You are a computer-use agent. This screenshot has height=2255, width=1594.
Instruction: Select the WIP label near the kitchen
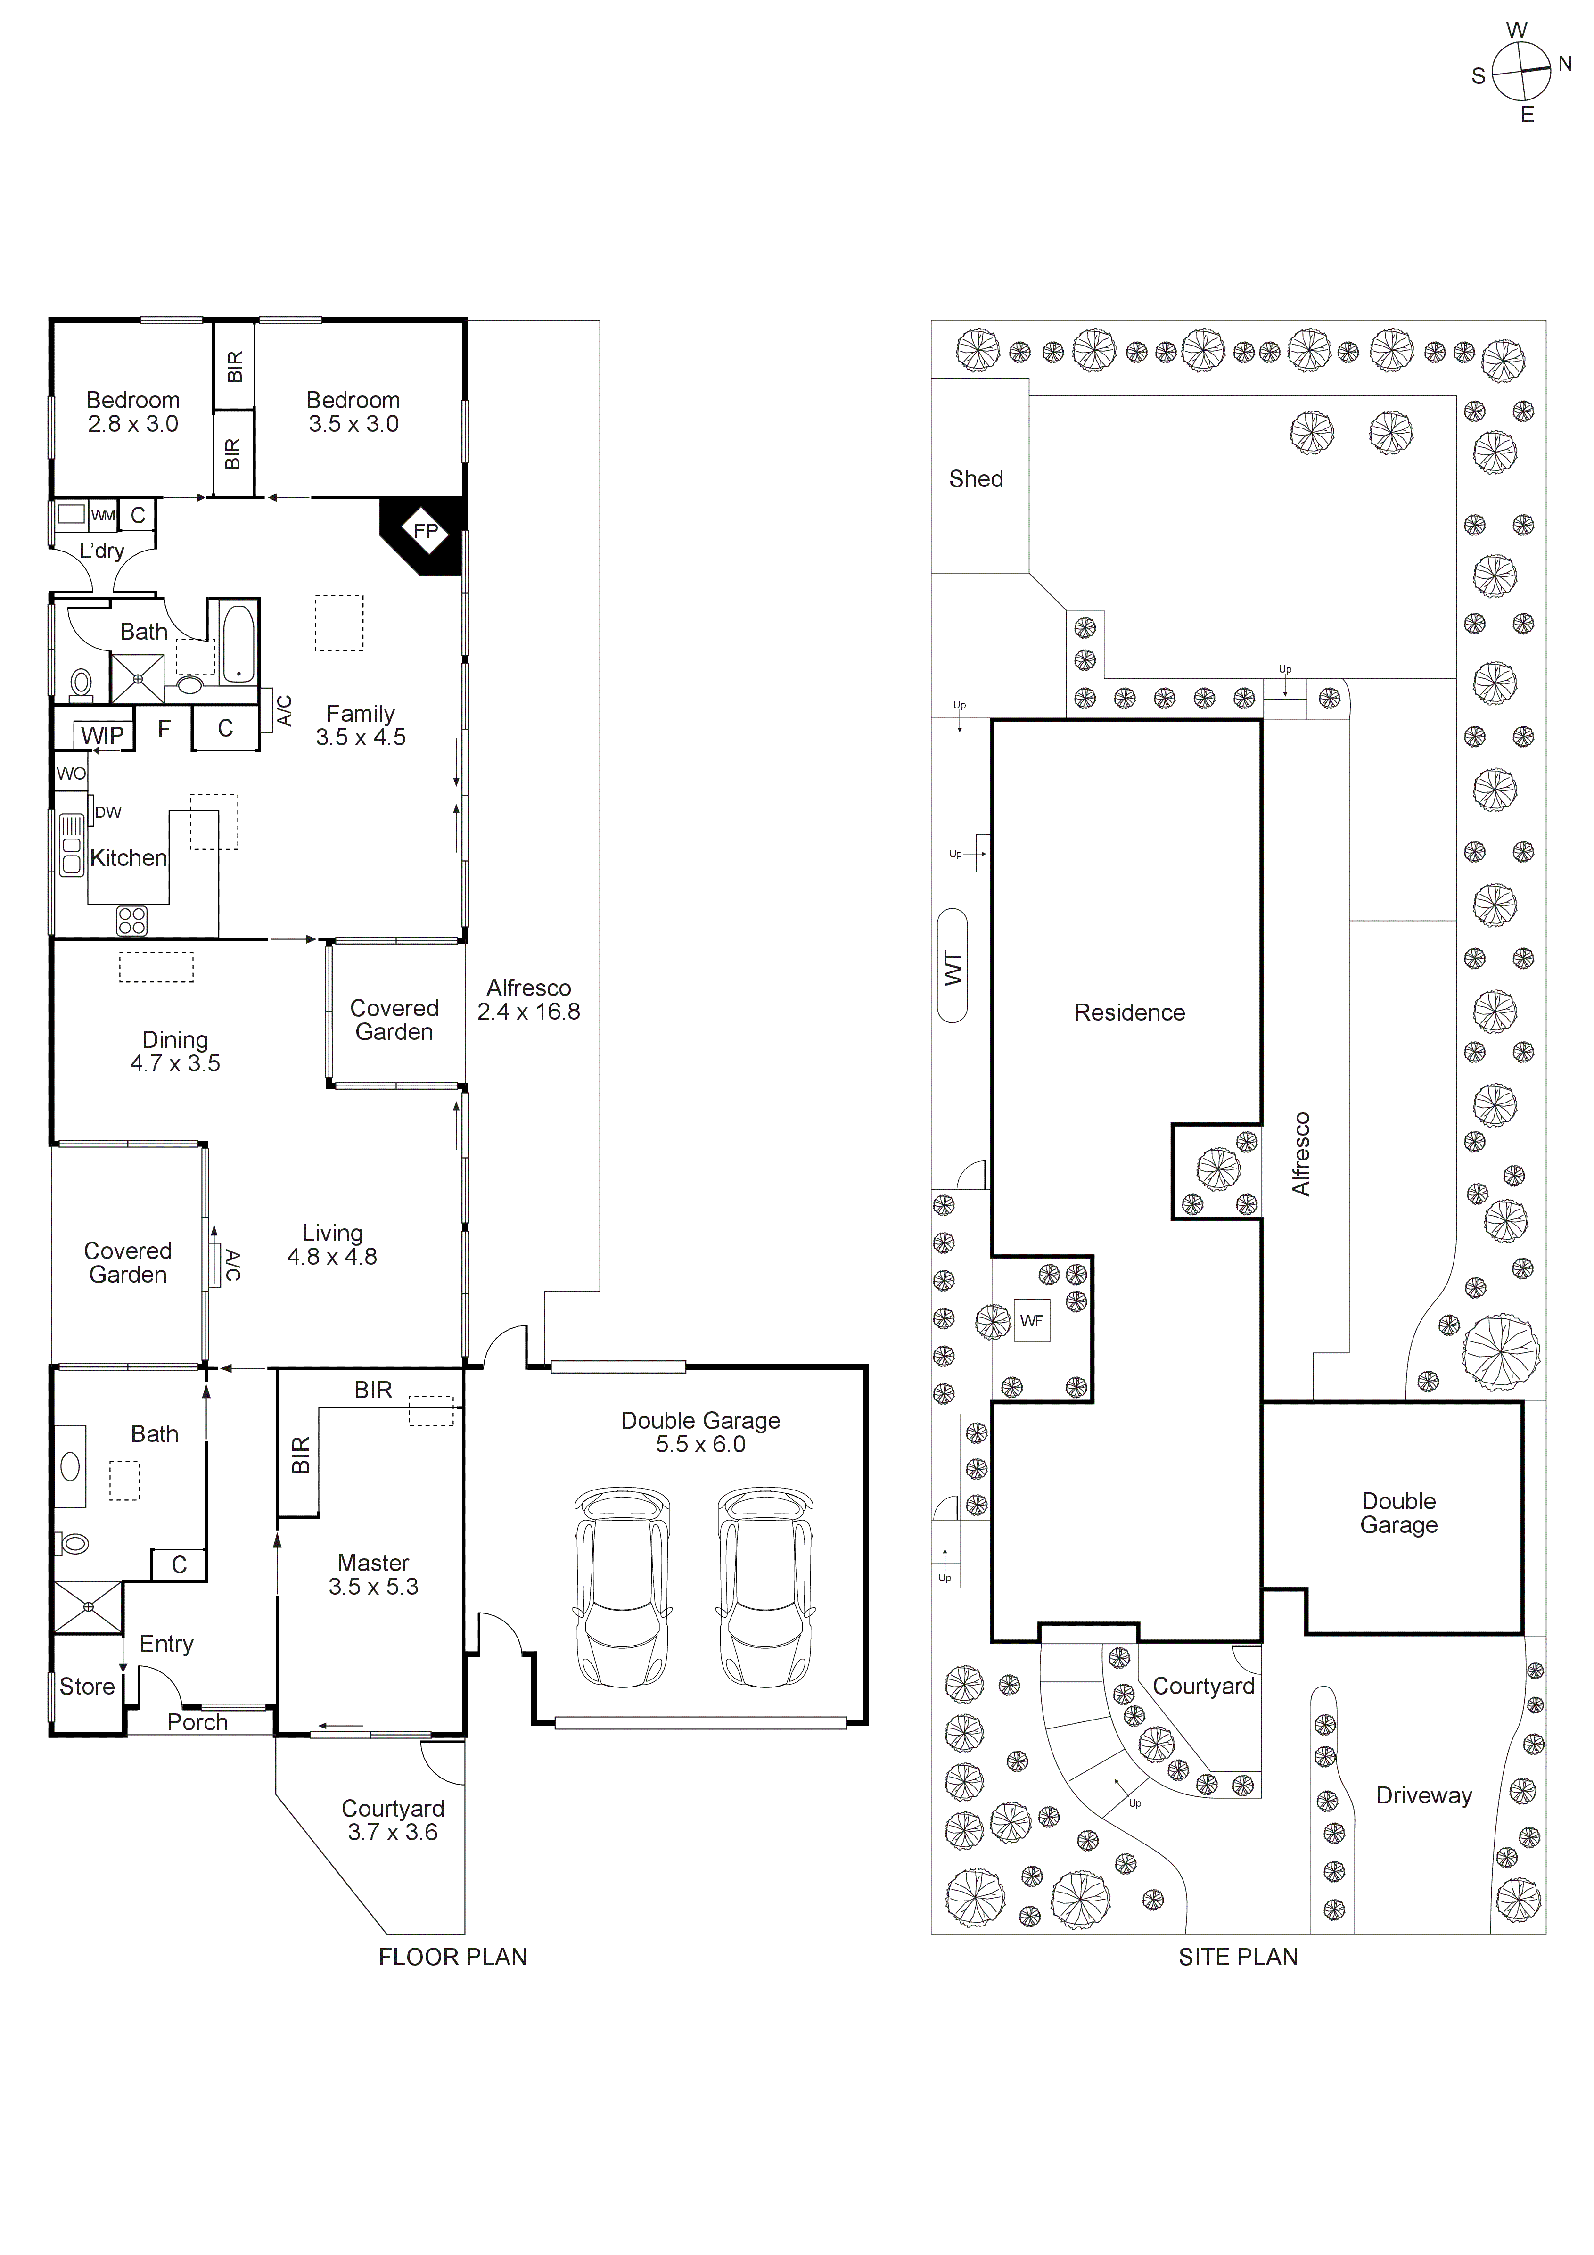[102, 736]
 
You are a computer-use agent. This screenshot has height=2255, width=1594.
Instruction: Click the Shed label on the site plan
[975, 479]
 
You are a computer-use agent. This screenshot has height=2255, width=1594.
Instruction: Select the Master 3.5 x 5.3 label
[373, 1574]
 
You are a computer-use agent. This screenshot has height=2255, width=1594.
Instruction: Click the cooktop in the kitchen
[131, 920]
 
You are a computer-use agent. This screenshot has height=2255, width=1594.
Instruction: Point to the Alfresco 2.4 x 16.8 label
[528, 1000]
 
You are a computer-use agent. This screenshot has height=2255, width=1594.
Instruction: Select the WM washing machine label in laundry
[103, 516]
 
